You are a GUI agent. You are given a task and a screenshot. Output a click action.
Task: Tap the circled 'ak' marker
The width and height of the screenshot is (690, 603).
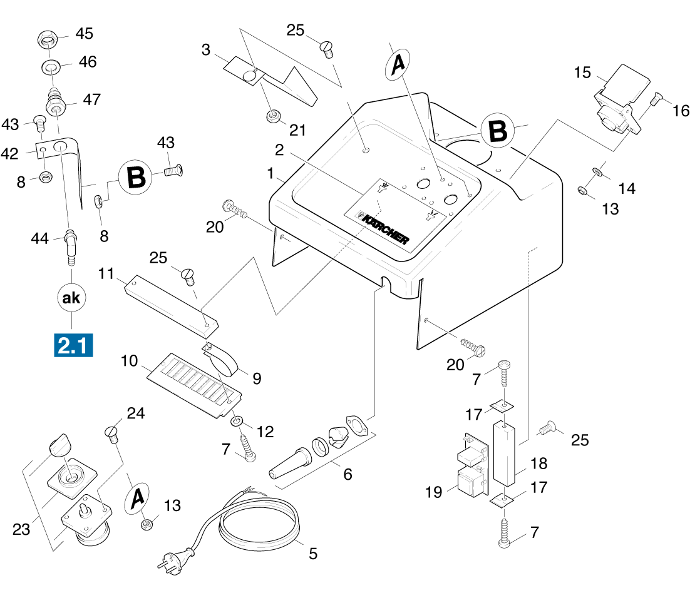pos(72,298)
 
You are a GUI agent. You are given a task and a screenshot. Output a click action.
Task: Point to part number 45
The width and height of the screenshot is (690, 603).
pos(84,33)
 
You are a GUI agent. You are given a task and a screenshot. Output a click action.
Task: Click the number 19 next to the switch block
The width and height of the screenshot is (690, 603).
pos(433,492)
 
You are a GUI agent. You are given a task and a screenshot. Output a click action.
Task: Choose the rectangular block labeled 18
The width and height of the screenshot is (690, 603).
pos(505,453)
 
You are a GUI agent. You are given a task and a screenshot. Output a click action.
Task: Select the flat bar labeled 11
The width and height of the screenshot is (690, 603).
pos(171,303)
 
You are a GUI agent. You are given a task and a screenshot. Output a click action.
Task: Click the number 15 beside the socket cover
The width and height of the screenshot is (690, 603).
pos(582,73)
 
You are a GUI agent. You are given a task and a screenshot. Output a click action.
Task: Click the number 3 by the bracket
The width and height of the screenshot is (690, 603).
pos(206,50)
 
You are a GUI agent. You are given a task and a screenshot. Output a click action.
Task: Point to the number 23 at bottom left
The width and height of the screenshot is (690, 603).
pos(21,529)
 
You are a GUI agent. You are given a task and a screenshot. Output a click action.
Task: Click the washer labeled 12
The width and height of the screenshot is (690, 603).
pos(239,420)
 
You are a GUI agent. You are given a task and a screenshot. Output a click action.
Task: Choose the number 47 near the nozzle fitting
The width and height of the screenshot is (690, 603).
pos(91,99)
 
